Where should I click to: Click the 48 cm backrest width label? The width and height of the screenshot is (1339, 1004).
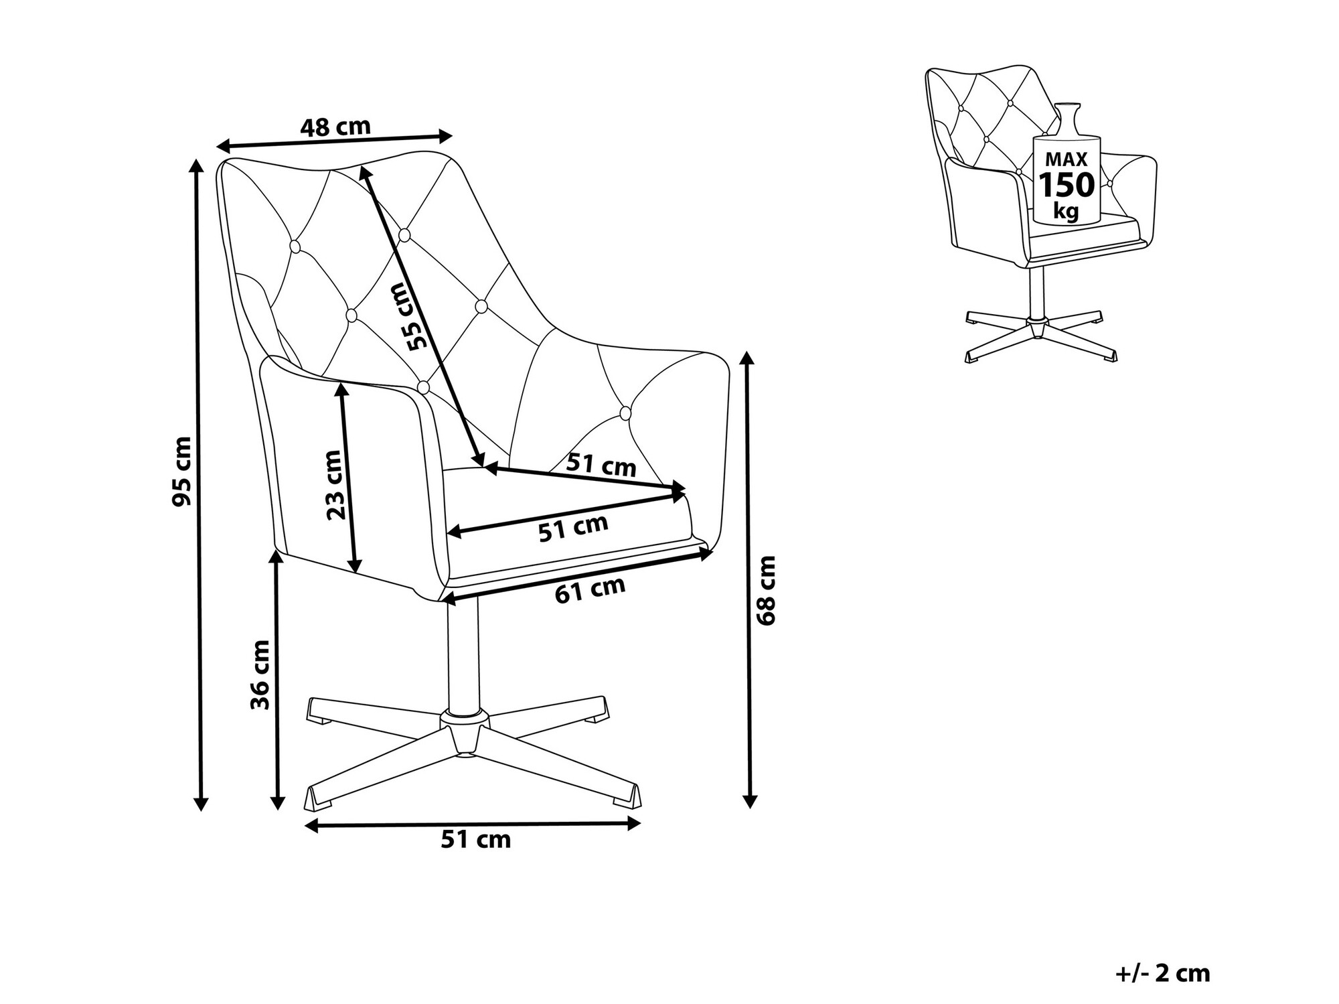pyautogui.click(x=335, y=127)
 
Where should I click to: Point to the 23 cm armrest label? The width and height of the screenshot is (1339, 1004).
pyautogui.click(x=334, y=484)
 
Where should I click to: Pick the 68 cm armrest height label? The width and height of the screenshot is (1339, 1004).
pyautogui.click(x=765, y=590)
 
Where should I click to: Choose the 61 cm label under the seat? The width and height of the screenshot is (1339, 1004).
pyautogui.click(x=590, y=589)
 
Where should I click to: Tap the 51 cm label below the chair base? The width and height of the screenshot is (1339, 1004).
pyautogui.click(x=475, y=839)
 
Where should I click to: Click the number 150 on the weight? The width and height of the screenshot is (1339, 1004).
pyautogui.click(x=1066, y=184)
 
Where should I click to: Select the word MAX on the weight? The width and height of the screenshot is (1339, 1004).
pyautogui.click(x=1066, y=159)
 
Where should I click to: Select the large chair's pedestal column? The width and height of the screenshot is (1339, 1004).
pyautogui.click(x=463, y=656)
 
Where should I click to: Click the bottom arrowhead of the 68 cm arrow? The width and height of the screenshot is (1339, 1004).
pyautogui.click(x=750, y=801)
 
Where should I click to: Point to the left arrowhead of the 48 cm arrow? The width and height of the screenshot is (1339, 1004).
pyautogui.click(x=224, y=145)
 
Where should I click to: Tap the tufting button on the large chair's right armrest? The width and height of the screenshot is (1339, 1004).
pyautogui.click(x=625, y=413)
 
